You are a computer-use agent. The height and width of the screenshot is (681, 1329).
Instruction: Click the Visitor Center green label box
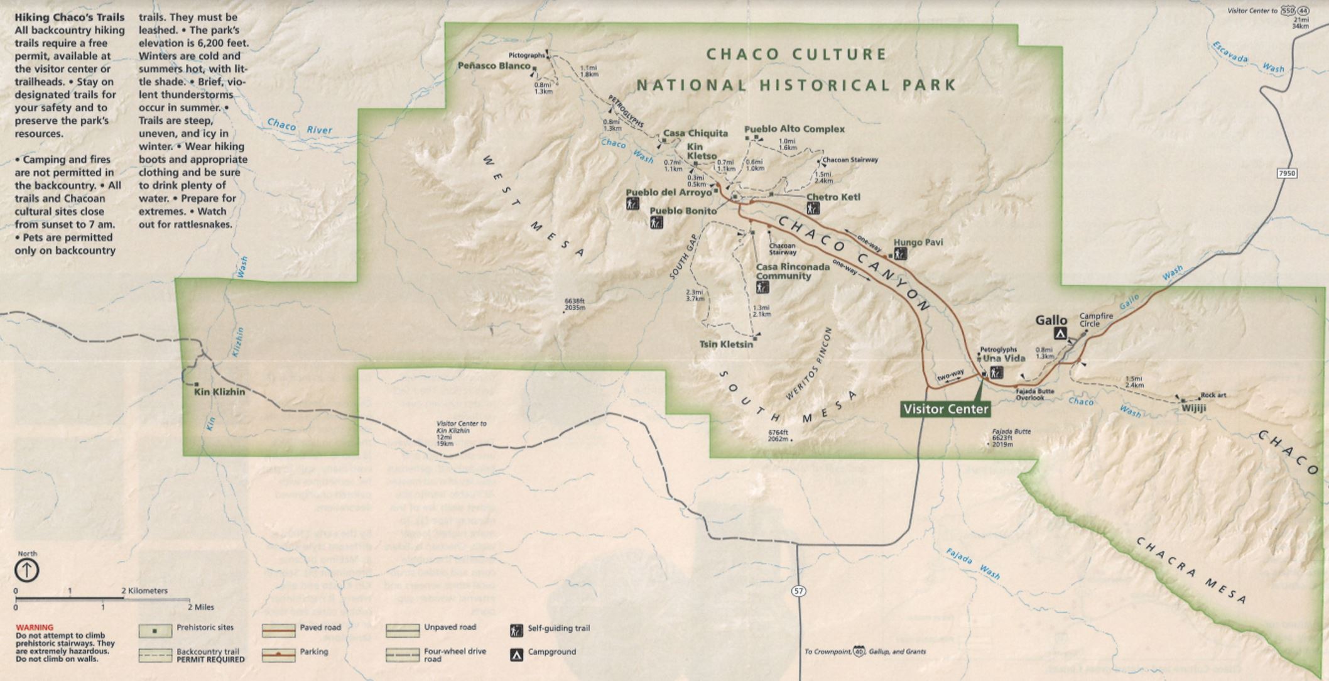click(x=945, y=409)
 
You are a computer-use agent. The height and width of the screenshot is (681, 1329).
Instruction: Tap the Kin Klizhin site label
click(x=219, y=391)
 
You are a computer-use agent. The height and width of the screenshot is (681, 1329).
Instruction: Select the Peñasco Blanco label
click(x=494, y=65)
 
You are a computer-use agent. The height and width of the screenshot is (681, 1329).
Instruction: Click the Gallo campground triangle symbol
click(x=1060, y=334)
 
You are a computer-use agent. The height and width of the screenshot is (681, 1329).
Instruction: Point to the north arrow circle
click(x=26, y=570)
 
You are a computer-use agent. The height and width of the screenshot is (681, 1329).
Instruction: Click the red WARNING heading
click(x=35, y=627)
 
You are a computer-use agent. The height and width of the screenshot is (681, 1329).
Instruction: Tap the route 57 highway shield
click(x=798, y=591)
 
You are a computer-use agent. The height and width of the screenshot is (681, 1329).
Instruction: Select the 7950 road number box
click(x=1286, y=173)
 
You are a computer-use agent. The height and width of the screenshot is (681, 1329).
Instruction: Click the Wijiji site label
click(x=1193, y=407)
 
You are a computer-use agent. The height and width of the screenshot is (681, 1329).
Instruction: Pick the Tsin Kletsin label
click(x=725, y=344)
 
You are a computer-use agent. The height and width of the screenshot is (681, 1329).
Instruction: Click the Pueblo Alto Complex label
click(x=794, y=129)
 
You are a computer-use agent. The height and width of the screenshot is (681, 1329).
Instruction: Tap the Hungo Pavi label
click(x=918, y=242)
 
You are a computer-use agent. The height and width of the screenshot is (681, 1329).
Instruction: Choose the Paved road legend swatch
click(x=278, y=630)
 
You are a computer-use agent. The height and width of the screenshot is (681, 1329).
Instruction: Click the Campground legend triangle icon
click(x=516, y=655)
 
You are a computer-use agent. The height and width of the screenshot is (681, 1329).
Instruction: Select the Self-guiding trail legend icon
click(x=516, y=630)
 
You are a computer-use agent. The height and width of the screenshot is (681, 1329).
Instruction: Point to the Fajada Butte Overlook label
click(x=1035, y=394)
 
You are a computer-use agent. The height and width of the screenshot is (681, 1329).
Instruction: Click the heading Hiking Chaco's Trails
click(x=69, y=17)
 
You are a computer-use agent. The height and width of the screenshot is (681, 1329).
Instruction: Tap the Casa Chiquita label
click(x=695, y=133)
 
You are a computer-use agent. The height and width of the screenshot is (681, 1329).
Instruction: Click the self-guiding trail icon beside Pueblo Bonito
click(x=656, y=222)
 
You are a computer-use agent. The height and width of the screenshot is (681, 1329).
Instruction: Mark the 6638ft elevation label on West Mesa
click(x=575, y=304)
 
